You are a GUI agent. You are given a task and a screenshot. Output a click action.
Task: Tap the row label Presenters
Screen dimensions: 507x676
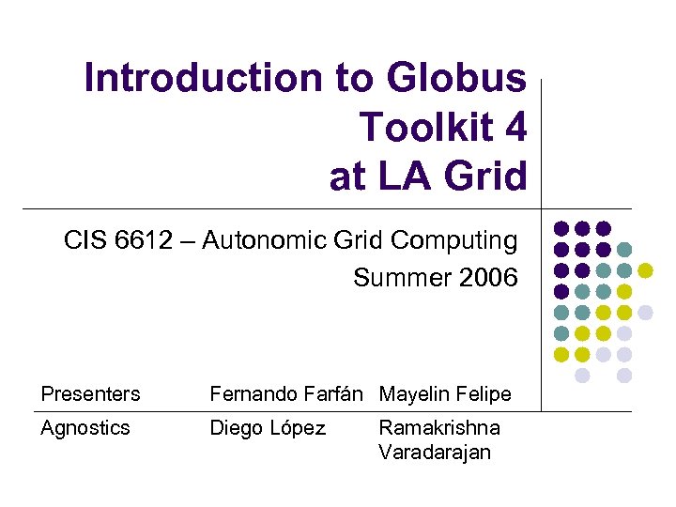tap(90, 394)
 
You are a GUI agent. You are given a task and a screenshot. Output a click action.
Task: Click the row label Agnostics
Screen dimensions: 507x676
tap(84, 428)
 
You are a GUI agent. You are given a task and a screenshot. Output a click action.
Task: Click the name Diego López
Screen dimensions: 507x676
tap(268, 428)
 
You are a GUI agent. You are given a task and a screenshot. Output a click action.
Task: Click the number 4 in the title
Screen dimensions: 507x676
tap(515, 128)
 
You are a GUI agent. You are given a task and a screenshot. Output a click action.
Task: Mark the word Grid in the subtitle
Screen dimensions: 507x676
tap(364, 241)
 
